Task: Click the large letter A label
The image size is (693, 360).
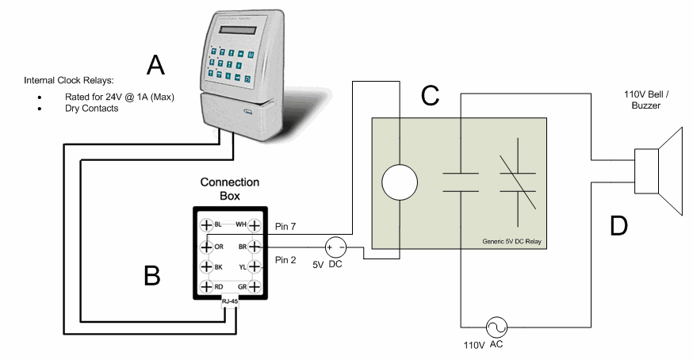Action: point(155,65)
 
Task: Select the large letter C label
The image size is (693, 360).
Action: point(430,95)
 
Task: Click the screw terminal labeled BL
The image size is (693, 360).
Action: point(205,225)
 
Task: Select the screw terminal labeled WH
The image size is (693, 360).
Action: point(255,225)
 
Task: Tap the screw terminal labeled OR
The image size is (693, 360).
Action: point(205,246)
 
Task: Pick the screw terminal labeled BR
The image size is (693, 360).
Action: point(255,246)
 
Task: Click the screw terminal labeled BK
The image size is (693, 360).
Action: point(205,266)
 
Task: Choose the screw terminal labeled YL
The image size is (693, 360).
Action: point(255,266)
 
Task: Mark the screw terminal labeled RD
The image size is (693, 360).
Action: point(205,287)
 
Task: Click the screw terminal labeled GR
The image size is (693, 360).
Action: point(255,287)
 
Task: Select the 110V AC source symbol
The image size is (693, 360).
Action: point(498,326)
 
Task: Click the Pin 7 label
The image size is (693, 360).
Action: point(285,228)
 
